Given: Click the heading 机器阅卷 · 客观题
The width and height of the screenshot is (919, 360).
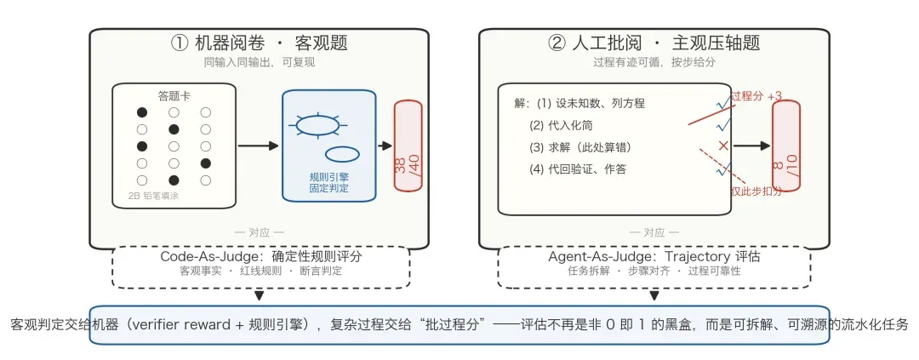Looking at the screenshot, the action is point(259,43).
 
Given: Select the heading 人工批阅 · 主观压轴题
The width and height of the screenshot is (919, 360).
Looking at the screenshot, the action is point(654,43).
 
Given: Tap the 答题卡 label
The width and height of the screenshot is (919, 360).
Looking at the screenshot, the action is point(174,95).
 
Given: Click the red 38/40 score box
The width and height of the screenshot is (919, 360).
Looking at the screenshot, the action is point(408,146).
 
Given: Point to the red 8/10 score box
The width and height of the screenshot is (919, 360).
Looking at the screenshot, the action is point(785,146).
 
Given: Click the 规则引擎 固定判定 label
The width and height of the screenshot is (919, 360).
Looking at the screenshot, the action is point(328,182).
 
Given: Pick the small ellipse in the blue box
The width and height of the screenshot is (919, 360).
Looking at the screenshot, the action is point(342,153).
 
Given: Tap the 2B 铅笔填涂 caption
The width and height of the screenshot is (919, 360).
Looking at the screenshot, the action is point(154,197).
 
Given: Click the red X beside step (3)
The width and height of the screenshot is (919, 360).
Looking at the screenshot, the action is point(723,146).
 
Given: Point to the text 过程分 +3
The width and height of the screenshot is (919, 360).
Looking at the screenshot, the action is point(756,97).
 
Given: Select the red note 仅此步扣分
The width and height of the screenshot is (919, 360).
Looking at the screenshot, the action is point(756,191).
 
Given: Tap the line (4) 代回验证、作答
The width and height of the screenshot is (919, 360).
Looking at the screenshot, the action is point(577,169).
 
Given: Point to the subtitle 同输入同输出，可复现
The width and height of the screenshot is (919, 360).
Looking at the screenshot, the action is point(259,63).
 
